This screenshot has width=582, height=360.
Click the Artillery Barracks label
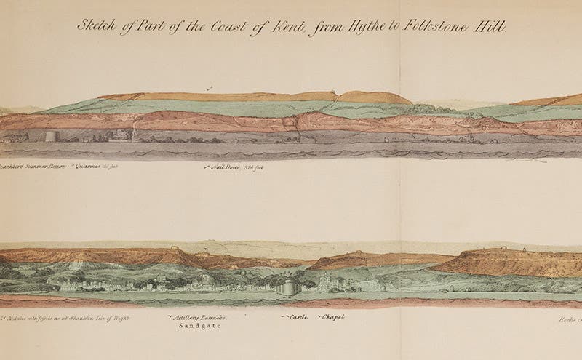197,319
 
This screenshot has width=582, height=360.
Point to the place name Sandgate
198,328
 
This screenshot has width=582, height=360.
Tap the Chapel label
332,319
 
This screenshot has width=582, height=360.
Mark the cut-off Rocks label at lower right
569,319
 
